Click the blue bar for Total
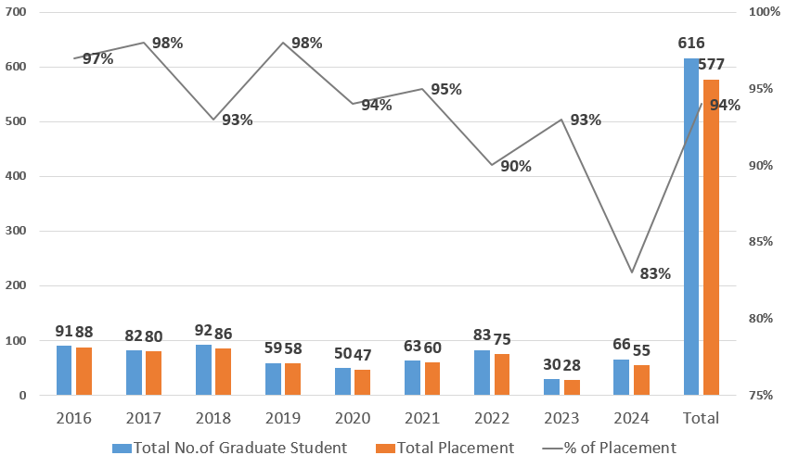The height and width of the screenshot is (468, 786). tap(690, 227)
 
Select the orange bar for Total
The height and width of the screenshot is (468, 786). tap(711, 237)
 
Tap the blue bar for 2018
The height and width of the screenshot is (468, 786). tap(203, 370)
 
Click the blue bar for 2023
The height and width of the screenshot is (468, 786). tap(551, 386)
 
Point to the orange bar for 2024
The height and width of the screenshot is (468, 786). tap(641, 380)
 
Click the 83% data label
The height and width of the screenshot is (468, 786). tap(655, 273)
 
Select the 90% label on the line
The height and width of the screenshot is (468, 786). tap(516, 167)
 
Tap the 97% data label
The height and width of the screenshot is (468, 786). tap(97, 58)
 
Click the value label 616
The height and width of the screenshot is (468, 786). tap(691, 43)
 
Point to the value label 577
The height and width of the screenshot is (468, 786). tap(711, 64)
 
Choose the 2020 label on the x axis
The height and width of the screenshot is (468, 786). tap(353, 418)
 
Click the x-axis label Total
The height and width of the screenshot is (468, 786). tap(701, 418)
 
